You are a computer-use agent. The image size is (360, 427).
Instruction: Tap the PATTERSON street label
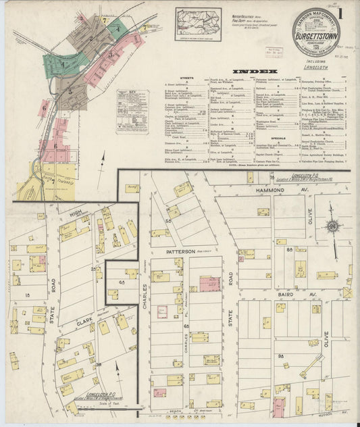tap(176, 251)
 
